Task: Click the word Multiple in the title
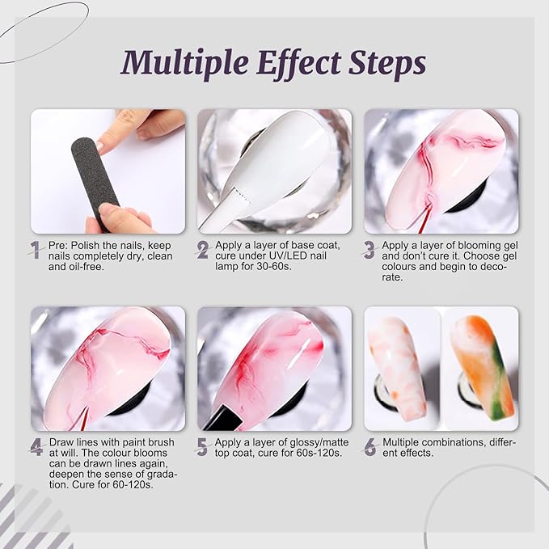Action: tap(185, 63)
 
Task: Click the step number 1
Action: tap(36, 250)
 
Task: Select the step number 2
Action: tap(203, 250)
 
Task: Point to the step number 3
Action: tap(369, 250)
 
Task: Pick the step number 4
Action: tap(36, 447)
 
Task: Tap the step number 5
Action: tap(202, 447)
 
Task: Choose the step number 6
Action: tap(370, 447)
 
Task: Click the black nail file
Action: tap(95, 179)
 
